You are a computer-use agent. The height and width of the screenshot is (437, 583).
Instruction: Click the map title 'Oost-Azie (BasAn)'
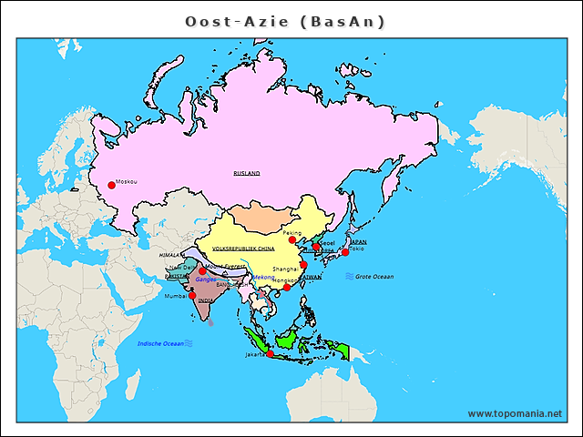[285, 21]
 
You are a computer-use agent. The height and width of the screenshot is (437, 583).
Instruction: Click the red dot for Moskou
[111, 185]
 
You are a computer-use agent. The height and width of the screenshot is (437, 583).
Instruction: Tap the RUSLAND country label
[247, 172]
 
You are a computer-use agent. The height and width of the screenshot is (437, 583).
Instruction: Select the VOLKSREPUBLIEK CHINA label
[243, 248]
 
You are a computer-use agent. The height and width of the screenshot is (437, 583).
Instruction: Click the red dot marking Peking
[292, 239]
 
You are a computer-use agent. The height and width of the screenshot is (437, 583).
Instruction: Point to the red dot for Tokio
[345, 252]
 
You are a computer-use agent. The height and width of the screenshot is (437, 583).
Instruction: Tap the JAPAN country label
[358, 241]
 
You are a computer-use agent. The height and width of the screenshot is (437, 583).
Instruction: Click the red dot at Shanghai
[303, 265]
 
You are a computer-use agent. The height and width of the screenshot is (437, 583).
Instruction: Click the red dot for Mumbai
[192, 295]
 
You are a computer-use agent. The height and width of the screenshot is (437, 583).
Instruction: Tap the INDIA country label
[207, 300]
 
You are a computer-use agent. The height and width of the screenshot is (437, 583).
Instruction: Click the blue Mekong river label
[263, 277]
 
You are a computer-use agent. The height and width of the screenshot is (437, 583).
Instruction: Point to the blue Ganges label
[206, 279]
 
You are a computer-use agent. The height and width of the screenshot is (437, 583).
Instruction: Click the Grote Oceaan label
[374, 276]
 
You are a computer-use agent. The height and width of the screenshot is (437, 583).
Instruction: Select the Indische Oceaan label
[160, 343]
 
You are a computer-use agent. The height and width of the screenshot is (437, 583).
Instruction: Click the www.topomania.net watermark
[515, 413]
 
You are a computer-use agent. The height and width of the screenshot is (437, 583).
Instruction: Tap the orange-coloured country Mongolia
[258, 218]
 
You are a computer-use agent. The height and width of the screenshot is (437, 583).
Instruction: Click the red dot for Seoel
[316, 247]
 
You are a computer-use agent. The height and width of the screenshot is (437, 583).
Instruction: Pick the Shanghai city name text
[285, 269]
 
